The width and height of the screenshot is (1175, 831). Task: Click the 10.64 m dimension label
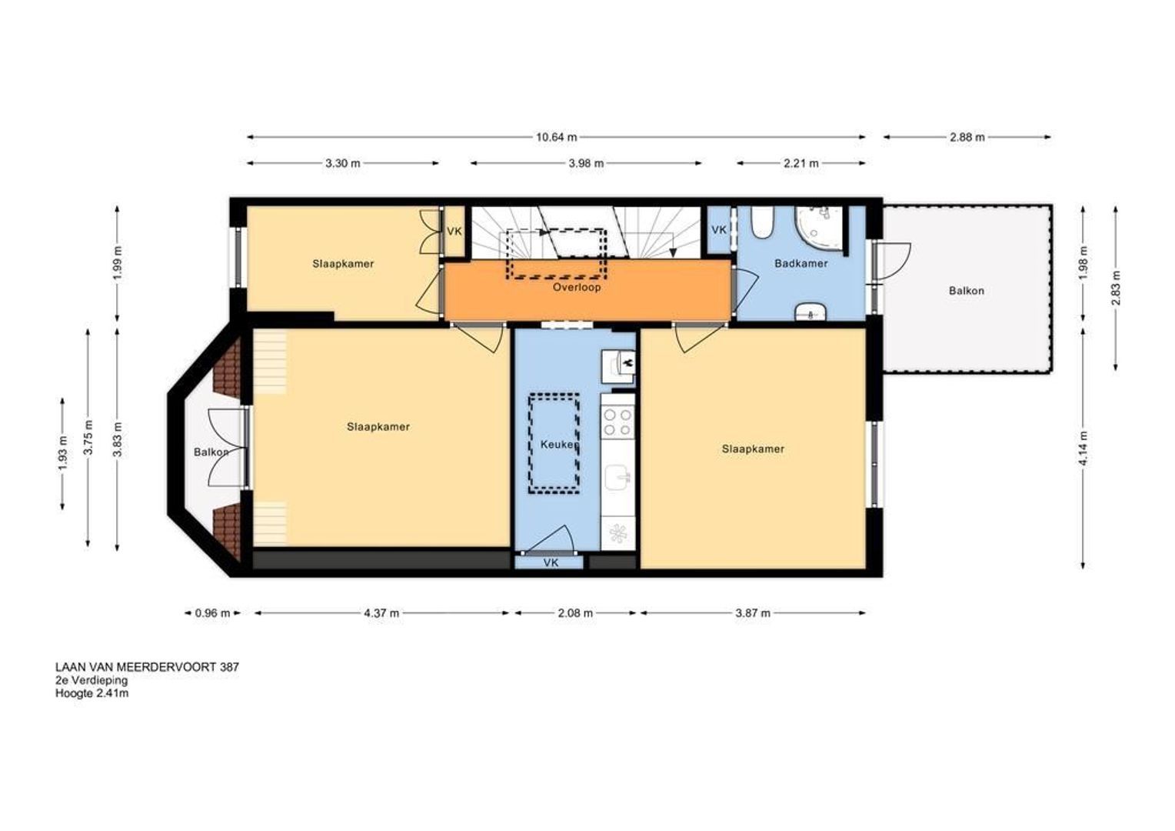[556, 138]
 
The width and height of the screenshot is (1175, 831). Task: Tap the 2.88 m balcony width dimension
[967, 138]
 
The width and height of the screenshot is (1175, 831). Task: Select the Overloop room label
[577, 288]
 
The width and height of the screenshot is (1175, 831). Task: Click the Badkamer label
[801, 263]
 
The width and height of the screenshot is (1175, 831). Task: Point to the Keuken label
[559, 445]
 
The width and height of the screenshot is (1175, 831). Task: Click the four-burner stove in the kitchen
[617, 422]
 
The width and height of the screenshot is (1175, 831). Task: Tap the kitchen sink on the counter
[618, 476]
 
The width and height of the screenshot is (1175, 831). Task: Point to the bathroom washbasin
[811, 312]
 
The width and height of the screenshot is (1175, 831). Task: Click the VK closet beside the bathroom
[719, 230]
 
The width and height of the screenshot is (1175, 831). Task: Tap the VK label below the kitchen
[551, 563]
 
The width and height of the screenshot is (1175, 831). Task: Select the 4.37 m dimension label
[381, 613]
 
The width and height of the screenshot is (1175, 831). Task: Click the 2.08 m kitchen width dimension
[575, 613]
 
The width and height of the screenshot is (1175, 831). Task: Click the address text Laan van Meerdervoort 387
[148, 667]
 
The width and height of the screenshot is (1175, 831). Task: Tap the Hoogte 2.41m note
[92, 693]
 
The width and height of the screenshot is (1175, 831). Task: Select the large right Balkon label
[967, 291]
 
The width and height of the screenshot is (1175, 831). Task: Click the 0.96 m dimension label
[212, 613]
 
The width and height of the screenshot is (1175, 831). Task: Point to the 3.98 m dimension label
[586, 163]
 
